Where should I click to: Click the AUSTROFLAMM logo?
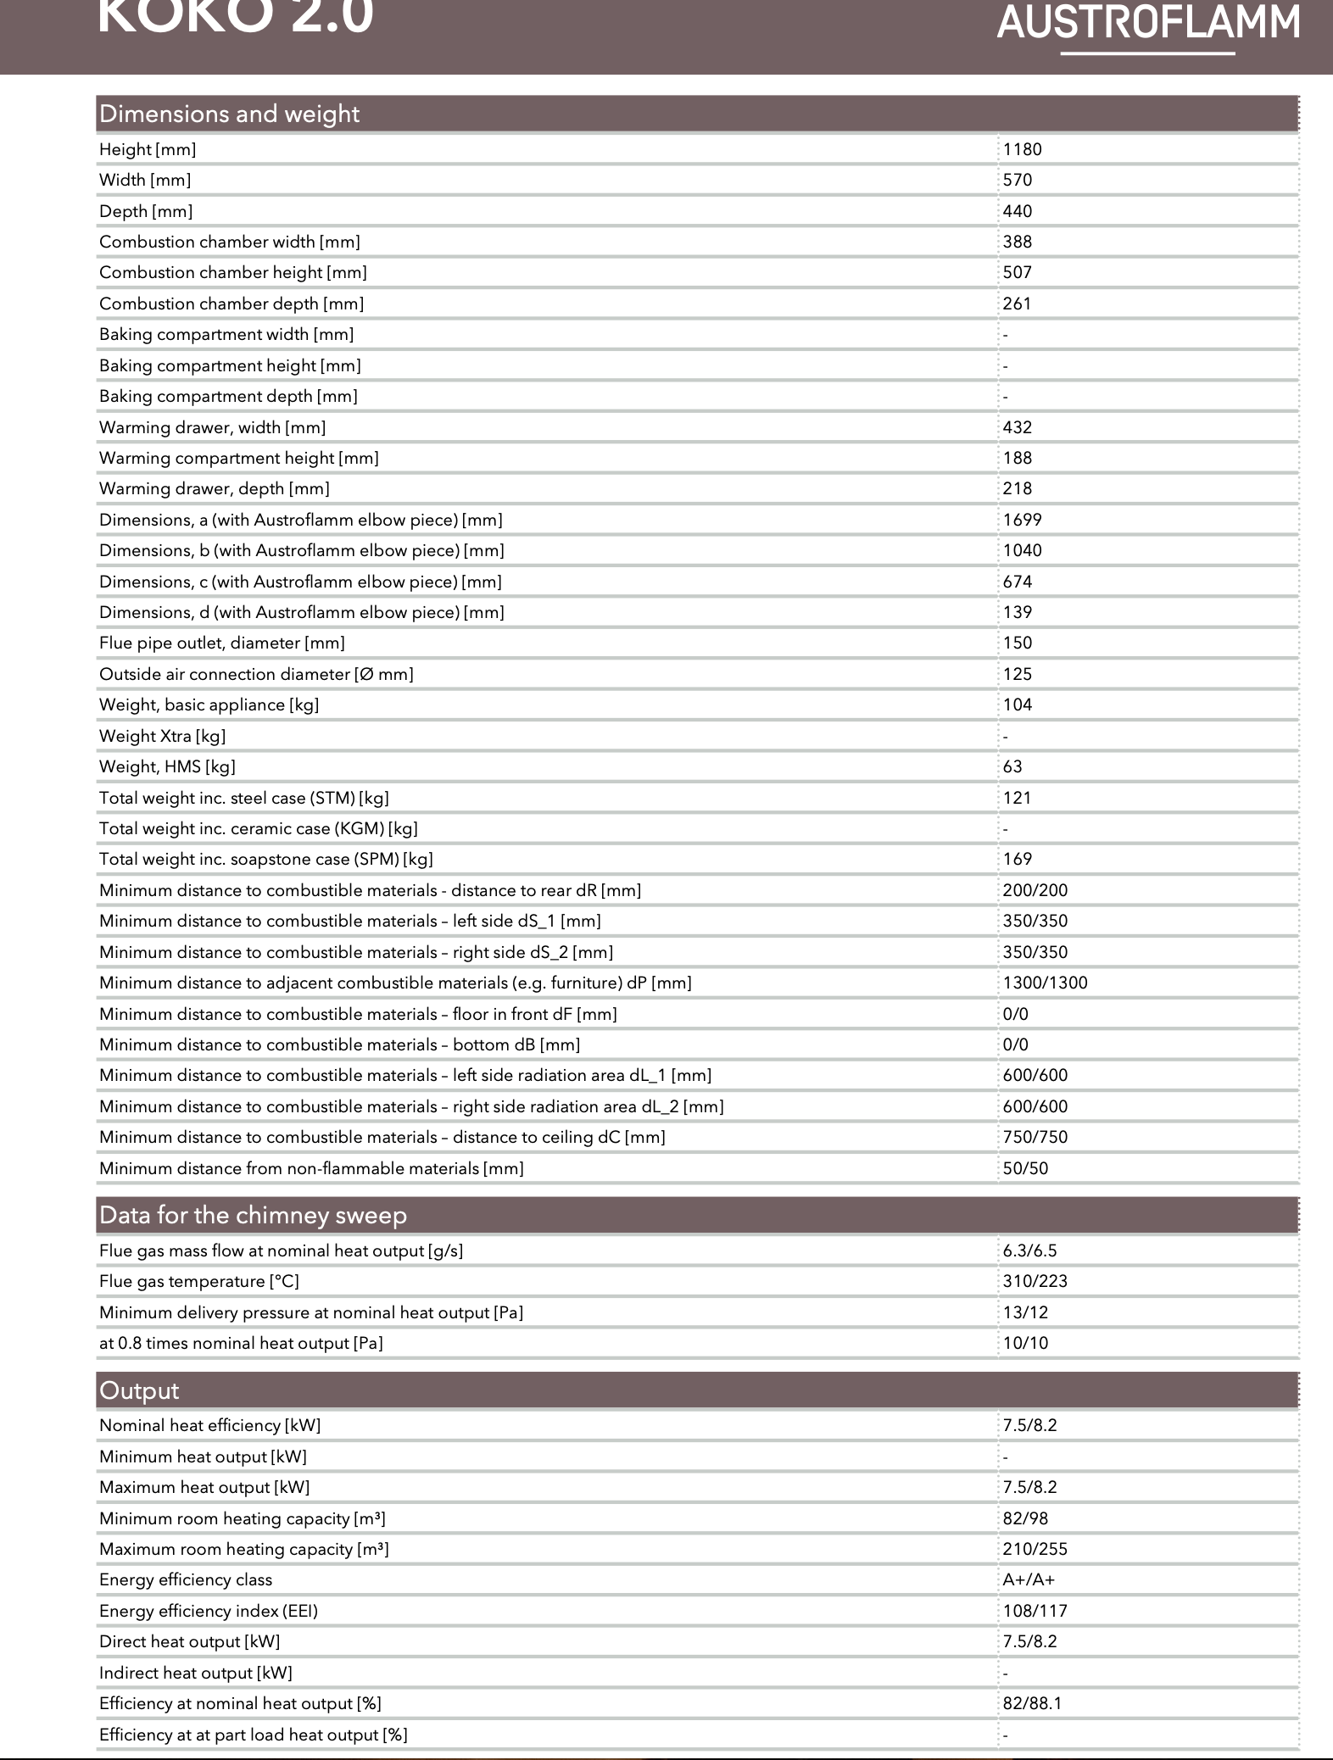point(1148,24)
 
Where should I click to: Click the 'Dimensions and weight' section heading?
point(229,114)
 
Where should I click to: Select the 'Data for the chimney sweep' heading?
point(253,1215)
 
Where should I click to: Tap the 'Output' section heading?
point(139,1390)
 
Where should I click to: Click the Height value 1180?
point(1022,149)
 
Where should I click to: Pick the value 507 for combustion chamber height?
point(1017,272)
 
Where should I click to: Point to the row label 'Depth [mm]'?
point(146,211)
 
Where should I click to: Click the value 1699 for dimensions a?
point(1022,520)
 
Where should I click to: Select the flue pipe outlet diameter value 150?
point(1017,643)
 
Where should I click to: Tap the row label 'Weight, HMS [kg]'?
point(167,766)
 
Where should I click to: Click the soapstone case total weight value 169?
point(1017,859)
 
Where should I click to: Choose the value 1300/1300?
point(1045,983)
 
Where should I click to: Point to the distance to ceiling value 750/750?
point(1035,1137)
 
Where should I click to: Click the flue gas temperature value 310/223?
point(1035,1281)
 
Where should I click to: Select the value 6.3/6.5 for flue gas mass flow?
point(1029,1250)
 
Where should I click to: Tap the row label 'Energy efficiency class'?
point(186,1579)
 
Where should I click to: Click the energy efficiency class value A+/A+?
point(1029,1579)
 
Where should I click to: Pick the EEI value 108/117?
point(1035,1611)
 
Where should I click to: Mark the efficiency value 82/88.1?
point(1032,1703)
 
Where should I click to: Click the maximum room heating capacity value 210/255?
point(1035,1549)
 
